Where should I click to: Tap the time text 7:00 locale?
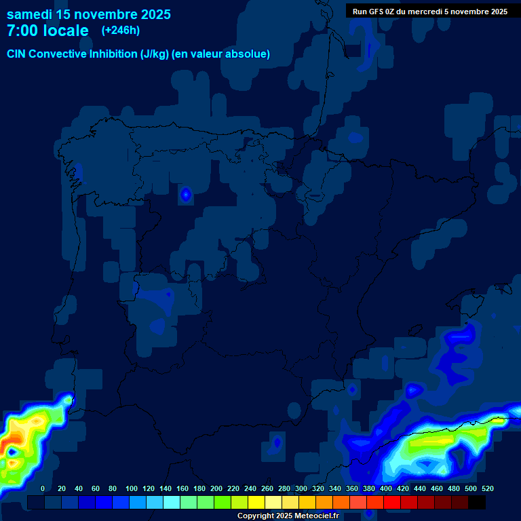(x=47, y=31)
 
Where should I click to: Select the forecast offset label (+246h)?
(x=121, y=31)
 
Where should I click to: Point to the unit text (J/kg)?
(x=156, y=54)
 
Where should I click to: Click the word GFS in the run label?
(x=377, y=12)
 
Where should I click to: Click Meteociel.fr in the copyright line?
(x=313, y=516)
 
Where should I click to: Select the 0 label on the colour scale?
(x=43, y=489)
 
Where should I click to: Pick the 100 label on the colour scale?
(x=132, y=489)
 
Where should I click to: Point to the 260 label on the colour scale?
(x=267, y=489)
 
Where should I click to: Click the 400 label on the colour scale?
(x=386, y=489)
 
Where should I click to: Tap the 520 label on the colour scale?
(x=488, y=489)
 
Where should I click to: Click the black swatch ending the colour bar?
(x=477, y=502)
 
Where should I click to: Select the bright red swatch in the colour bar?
(x=392, y=502)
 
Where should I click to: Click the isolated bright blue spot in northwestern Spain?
(x=186, y=195)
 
